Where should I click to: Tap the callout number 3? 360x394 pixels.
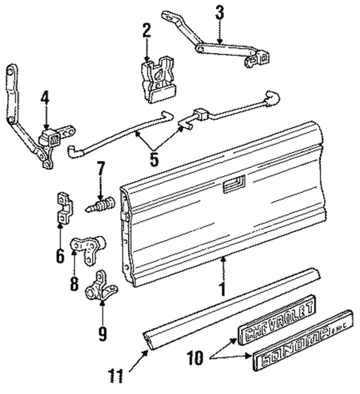click(x=220, y=12)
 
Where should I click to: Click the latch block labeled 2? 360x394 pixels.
click(x=157, y=75)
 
